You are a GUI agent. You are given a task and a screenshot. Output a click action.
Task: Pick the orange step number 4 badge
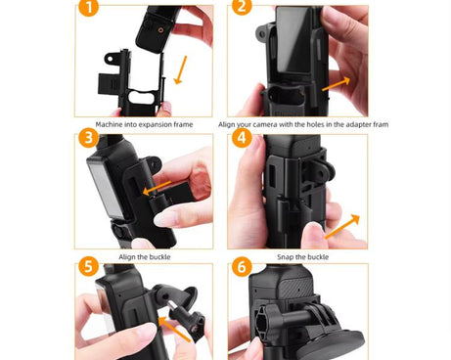coord(242,140)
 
